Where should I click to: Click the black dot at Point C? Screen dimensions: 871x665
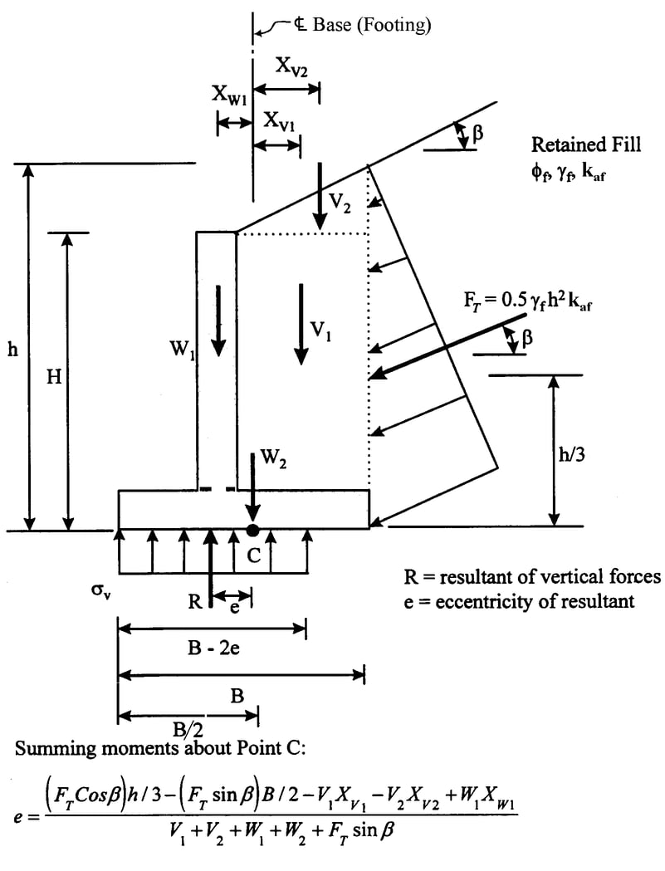tap(252, 530)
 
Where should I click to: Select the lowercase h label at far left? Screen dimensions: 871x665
tap(12, 350)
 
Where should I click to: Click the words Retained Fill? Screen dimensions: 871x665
tap(586, 144)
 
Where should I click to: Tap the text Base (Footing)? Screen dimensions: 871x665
tap(372, 26)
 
